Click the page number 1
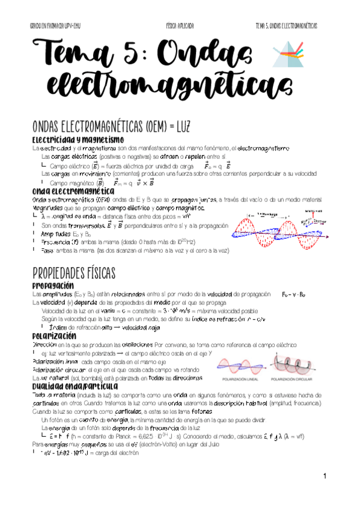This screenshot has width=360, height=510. pyautogui.click(x=323, y=477)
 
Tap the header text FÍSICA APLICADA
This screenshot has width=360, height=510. pyautogui.click(x=180, y=26)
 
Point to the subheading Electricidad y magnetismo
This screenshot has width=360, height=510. pyautogui.click(x=78, y=140)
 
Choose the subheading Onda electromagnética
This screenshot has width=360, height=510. pyautogui.click(x=70, y=191)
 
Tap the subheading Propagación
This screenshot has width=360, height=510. pyautogui.click(x=52, y=285)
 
